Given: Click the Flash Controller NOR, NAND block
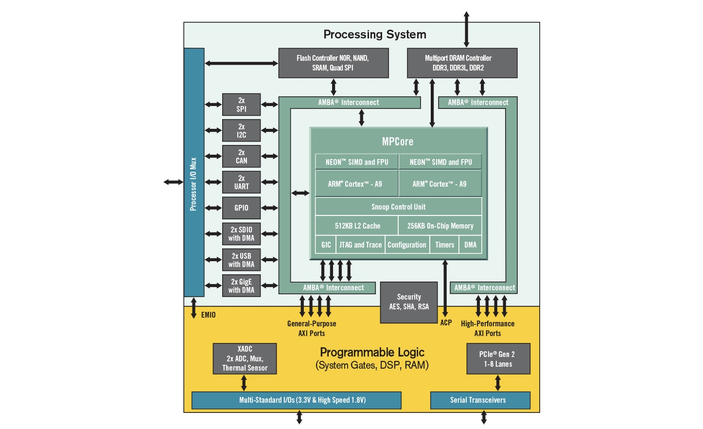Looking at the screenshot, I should coord(333,63).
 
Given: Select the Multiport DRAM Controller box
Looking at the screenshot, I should coord(462,63).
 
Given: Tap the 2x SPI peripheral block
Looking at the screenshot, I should coord(241,105).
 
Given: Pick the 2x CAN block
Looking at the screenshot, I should coord(241,156).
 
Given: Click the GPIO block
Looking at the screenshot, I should coord(241,208).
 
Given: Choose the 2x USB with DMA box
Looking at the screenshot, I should coord(241,260).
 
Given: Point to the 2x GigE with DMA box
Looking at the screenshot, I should coord(241,286).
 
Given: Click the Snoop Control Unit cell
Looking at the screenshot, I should coord(398,207).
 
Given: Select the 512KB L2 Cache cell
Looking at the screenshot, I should coord(357,226).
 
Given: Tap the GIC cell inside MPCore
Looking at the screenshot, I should coord(326,245).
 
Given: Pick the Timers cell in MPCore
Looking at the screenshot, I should coord(444,245).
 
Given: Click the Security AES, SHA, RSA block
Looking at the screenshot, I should coord(409,302).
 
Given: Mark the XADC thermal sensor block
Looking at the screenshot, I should coord(245,358).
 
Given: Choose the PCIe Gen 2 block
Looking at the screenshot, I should coord(498,359).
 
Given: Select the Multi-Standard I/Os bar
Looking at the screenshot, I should coord(296,400).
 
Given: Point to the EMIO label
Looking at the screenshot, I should coord(209,315).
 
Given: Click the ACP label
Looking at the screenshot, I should coord(446,322).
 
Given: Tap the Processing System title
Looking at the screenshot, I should coord(374,35).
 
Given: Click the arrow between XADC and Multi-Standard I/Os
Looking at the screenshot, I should coord(244,383).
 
